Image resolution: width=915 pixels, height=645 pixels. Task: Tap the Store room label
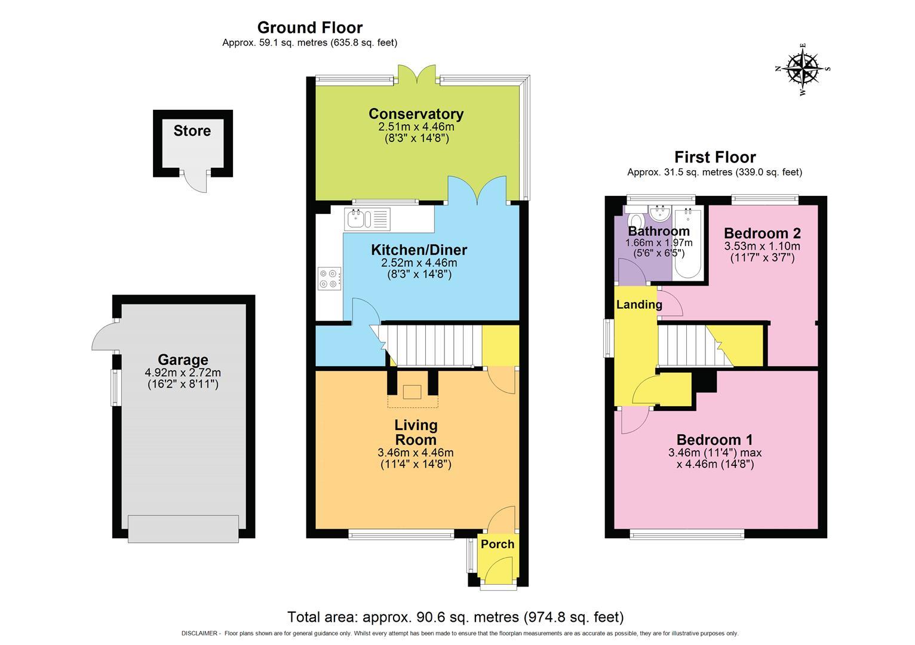coord(192,131)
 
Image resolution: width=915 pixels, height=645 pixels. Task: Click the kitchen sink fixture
coord(367,219)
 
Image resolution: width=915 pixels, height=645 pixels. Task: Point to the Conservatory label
coord(416,113)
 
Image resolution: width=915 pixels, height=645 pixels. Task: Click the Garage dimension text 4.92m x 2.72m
coord(183,372)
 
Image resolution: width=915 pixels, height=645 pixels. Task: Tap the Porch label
coord(498,544)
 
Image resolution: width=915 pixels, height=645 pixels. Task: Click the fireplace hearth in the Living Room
coord(412,392)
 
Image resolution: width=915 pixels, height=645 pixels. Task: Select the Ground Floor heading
coord(309,27)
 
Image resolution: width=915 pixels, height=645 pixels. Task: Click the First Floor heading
coord(715,157)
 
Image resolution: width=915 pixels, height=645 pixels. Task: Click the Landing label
coord(639,305)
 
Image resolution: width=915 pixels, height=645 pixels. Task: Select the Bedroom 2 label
coord(762,233)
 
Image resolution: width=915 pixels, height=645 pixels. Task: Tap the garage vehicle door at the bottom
coord(183,529)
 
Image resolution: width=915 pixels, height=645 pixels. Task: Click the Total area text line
coord(455,617)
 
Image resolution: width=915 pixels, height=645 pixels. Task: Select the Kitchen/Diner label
coord(419,250)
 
